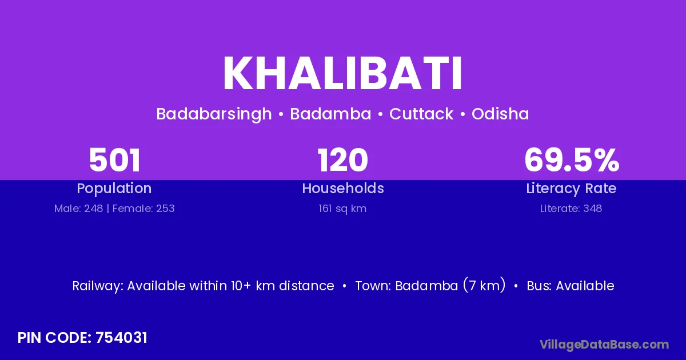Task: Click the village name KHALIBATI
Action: [342, 74]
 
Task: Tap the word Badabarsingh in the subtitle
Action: [214, 114]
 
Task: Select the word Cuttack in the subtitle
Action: [421, 114]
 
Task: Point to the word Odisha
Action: [500, 114]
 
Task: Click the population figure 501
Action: [114, 160]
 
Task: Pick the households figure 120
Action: [342, 160]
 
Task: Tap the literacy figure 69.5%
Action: [572, 160]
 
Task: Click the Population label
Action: [114, 189]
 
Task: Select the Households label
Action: [343, 188]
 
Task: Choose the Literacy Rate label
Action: [571, 189]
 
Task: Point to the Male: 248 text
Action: [78, 209]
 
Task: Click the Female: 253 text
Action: [143, 209]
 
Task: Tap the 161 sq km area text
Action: [342, 209]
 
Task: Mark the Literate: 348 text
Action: [571, 209]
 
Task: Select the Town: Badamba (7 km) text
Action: [430, 286]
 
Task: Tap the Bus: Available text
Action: [571, 286]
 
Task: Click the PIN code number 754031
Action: [121, 338]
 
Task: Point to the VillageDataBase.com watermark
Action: [604, 345]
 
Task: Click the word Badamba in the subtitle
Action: [330, 114]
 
